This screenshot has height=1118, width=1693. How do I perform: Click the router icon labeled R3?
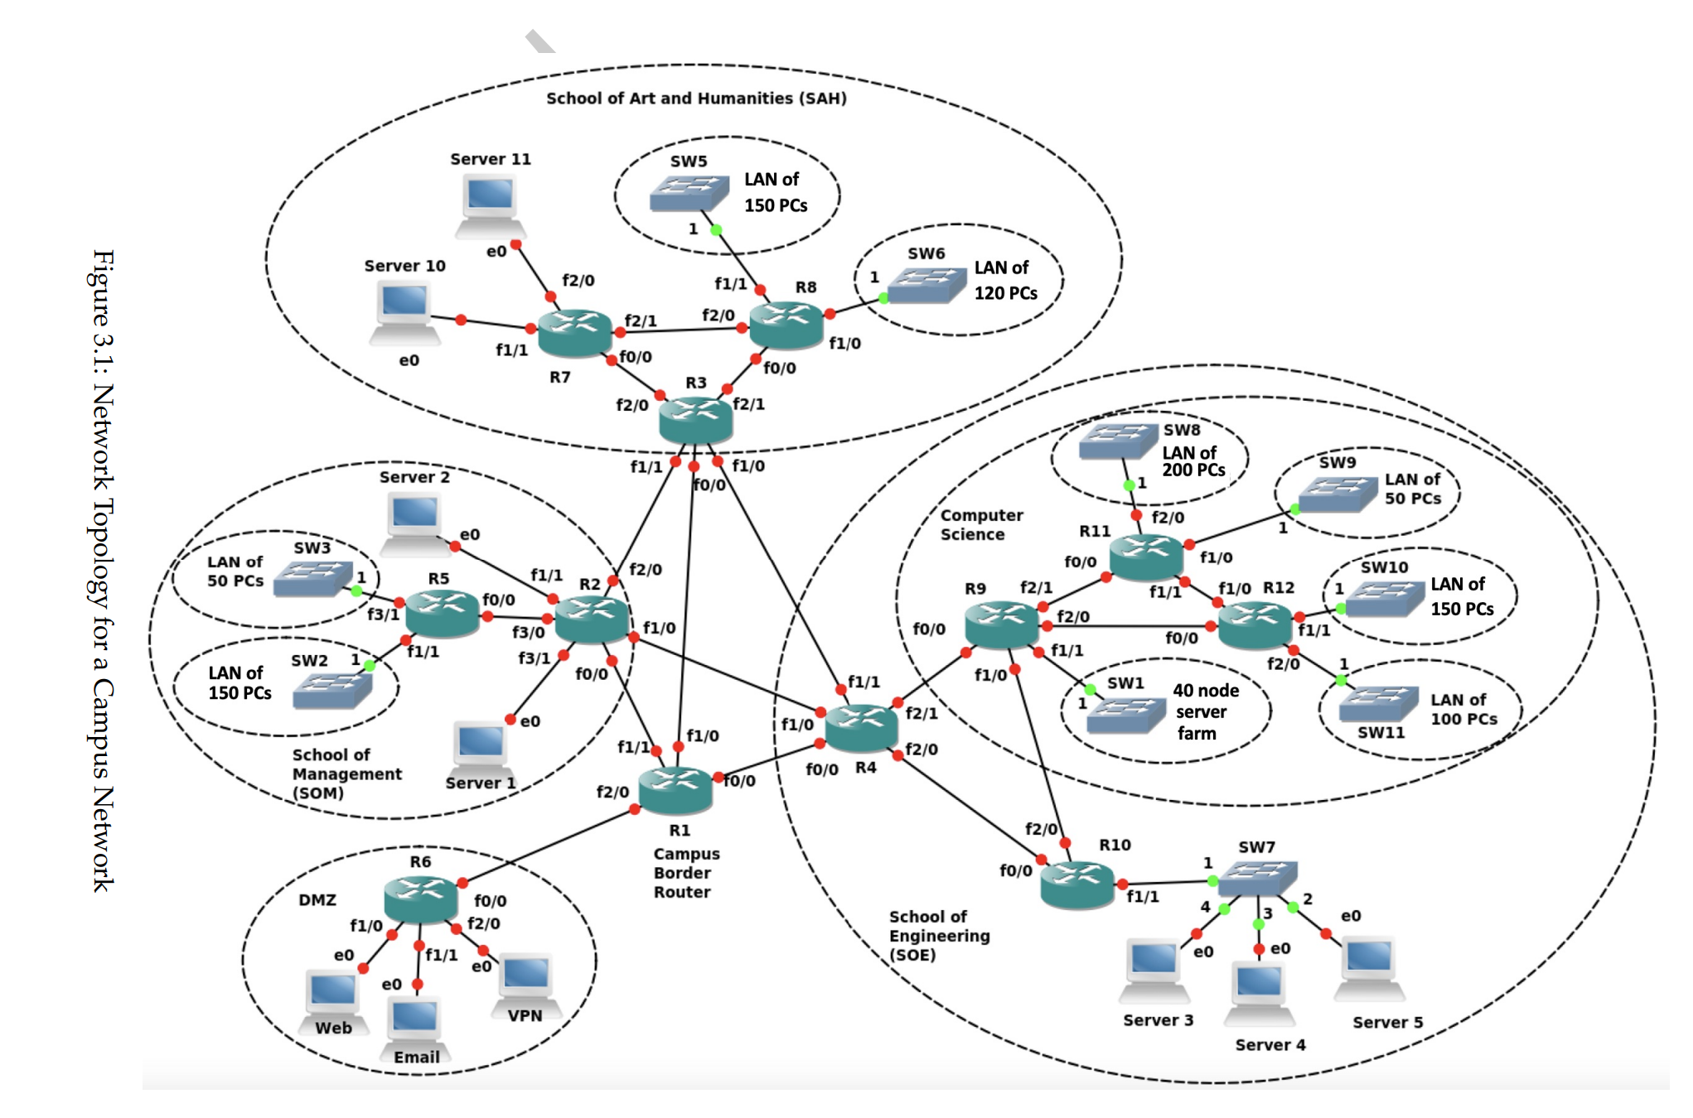click(695, 420)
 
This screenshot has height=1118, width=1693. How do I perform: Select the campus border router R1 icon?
click(675, 789)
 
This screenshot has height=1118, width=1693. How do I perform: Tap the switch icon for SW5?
click(689, 192)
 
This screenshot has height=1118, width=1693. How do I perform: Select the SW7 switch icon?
click(1258, 878)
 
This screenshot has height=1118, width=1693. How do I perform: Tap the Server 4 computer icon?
click(1259, 992)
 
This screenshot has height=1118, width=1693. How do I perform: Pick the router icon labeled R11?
click(1146, 556)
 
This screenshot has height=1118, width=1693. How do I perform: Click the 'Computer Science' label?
click(981, 525)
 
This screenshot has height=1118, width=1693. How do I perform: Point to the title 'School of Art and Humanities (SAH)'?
click(696, 98)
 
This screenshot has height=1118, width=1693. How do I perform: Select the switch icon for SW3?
click(312, 578)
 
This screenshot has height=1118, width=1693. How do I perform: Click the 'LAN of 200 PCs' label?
click(1192, 461)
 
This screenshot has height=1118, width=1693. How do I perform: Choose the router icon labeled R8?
click(786, 325)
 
